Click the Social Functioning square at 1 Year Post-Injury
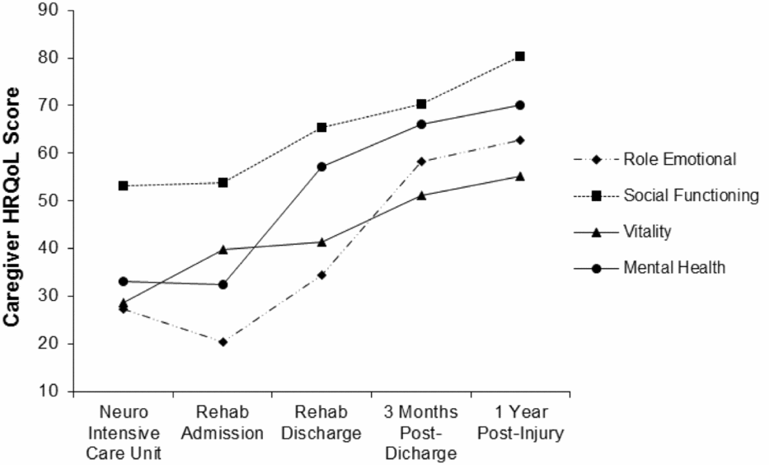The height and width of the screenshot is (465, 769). pos(520,56)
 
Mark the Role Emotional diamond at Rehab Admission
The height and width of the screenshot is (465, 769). pos(223,341)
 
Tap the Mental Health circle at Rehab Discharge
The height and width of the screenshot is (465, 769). pos(321,167)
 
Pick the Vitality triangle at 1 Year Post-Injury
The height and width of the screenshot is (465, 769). pos(520,176)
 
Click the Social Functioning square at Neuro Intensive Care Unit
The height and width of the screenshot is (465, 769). pos(123,186)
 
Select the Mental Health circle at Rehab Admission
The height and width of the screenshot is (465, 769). pos(223,284)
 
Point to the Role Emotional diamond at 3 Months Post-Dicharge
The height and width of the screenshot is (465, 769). pos(421,162)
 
